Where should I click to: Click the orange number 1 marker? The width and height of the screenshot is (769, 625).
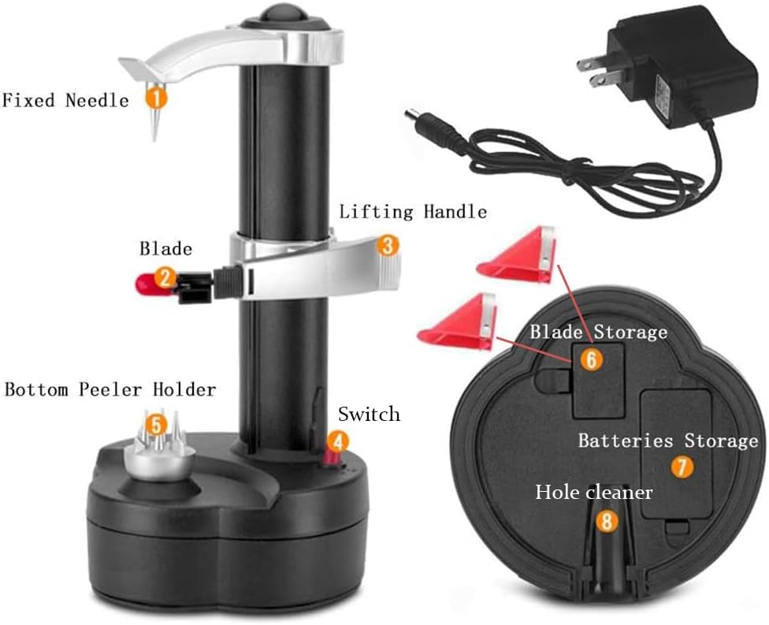point(156,99)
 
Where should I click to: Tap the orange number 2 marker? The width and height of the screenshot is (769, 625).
point(165,277)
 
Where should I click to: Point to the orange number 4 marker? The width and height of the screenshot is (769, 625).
point(336,442)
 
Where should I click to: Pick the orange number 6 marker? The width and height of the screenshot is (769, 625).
point(591,360)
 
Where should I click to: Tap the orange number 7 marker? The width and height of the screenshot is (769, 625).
point(682,467)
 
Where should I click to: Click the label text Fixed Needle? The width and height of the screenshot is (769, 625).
point(65,101)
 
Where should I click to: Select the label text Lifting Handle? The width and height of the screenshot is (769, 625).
point(412,212)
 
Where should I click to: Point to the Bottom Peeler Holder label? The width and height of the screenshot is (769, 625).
point(110,389)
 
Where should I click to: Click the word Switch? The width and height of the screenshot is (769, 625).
point(369,414)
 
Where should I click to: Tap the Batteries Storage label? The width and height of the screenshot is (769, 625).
point(667,441)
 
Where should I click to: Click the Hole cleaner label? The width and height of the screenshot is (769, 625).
point(594,493)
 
